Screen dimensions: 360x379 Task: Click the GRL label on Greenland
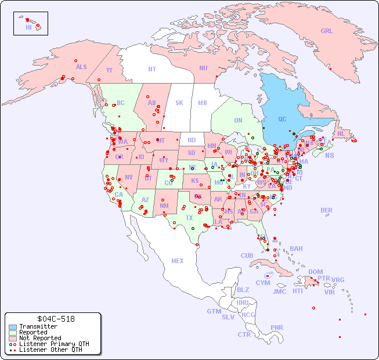(327, 31)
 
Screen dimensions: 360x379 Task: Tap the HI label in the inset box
(28, 27)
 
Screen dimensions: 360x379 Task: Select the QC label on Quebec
(282, 119)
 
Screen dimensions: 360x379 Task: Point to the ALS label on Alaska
(81, 67)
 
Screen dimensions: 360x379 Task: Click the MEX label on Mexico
(178, 261)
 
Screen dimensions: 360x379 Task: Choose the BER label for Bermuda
(327, 210)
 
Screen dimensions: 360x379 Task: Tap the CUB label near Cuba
(247, 255)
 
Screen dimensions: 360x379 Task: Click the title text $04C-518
(53, 319)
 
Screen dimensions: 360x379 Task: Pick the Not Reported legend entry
(40, 338)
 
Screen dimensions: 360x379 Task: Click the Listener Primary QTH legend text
(54, 344)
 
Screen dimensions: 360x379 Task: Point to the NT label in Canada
(152, 69)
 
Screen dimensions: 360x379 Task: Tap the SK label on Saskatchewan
(179, 103)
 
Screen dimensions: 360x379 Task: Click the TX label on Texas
(189, 218)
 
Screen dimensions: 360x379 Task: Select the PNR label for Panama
(277, 327)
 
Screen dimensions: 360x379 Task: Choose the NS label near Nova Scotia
(330, 155)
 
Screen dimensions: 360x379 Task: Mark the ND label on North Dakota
(192, 140)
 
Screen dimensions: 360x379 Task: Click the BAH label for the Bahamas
(296, 249)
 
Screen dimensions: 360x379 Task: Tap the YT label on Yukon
(109, 70)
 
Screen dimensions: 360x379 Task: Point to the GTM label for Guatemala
(214, 311)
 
